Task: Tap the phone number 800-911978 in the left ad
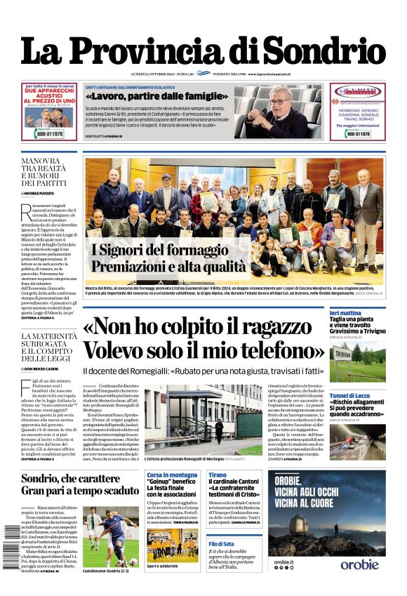pyautogui.click(x=46, y=133)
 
